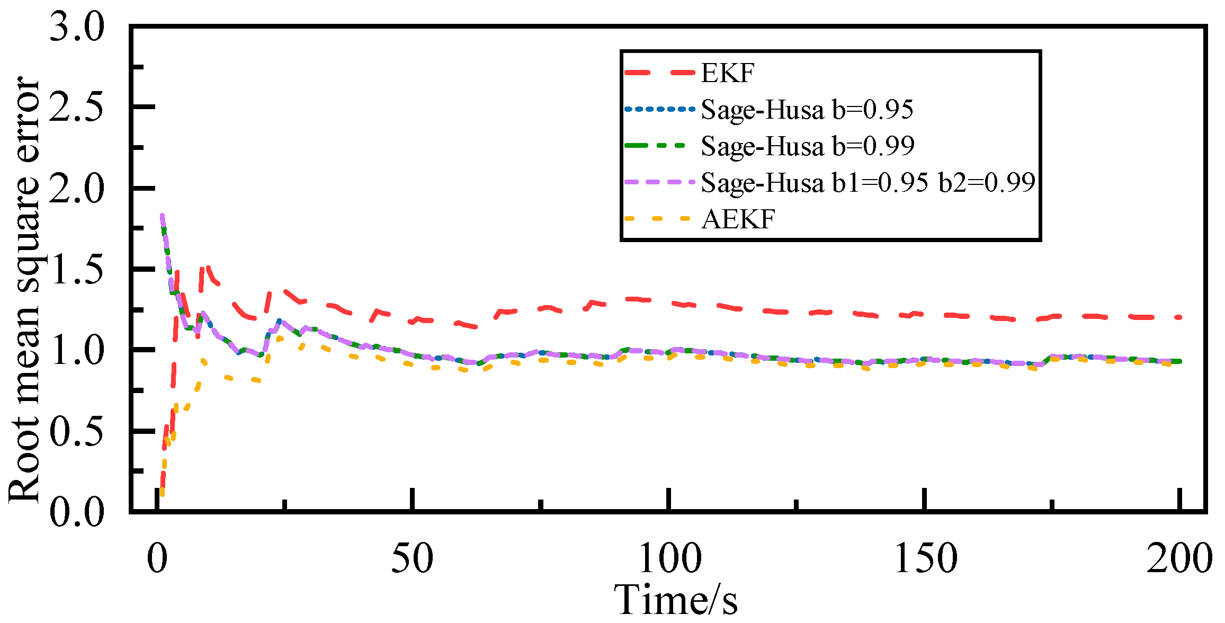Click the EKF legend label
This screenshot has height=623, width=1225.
click(x=727, y=73)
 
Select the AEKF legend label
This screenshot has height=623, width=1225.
click(x=738, y=219)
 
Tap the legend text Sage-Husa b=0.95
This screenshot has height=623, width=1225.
click(x=807, y=110)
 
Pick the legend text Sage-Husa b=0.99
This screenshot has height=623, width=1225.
click(x=807, y=146)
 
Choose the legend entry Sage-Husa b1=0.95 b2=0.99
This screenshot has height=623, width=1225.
click(x=868, y=183)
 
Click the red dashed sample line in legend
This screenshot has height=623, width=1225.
click(x=659, y=73)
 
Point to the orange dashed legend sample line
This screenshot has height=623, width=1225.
click(x=659, y=219)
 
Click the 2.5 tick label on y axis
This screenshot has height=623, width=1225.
click(x=77, y=108)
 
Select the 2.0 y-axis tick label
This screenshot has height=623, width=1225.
click(x=77, y=189)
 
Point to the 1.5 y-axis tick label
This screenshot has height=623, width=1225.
click(x=77, y=270)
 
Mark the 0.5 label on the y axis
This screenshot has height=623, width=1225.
click(x=77, y=432)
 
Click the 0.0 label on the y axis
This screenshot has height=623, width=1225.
click(x=77, y=512)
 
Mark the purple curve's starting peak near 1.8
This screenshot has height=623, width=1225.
click(x=162, y=216)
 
